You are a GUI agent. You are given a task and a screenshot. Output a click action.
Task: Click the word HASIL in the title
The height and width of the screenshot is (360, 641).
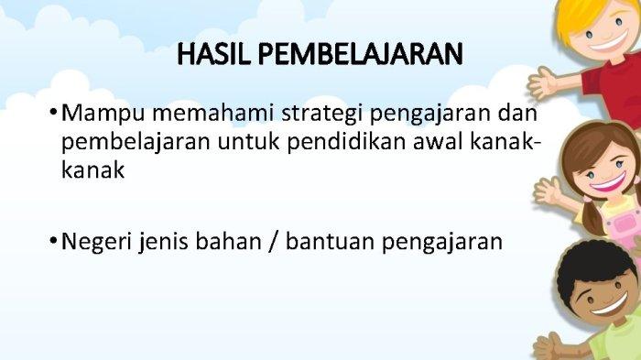213,54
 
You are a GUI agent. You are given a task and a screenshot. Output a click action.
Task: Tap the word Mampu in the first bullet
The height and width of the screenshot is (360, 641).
103,115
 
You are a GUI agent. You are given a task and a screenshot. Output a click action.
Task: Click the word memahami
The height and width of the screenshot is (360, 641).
213,113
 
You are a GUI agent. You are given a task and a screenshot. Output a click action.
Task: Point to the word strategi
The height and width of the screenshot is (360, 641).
322,115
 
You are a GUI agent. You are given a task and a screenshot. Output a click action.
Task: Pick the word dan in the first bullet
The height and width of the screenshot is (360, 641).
517,113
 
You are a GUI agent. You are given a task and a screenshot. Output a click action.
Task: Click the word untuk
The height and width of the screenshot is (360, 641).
248,142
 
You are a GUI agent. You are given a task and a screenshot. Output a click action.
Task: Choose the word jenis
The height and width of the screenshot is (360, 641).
164,242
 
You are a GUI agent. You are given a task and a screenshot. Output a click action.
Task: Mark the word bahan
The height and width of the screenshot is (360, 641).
229,241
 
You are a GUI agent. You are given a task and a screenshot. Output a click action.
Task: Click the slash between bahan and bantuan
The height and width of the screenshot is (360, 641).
274,241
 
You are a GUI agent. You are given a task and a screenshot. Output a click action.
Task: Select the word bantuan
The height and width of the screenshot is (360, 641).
330,241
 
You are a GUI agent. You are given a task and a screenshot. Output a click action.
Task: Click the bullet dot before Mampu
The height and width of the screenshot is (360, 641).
53,112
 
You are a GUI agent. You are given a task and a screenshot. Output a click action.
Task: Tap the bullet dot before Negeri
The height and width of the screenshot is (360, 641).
53,240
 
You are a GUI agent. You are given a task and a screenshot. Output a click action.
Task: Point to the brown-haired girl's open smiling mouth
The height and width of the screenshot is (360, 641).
610,181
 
